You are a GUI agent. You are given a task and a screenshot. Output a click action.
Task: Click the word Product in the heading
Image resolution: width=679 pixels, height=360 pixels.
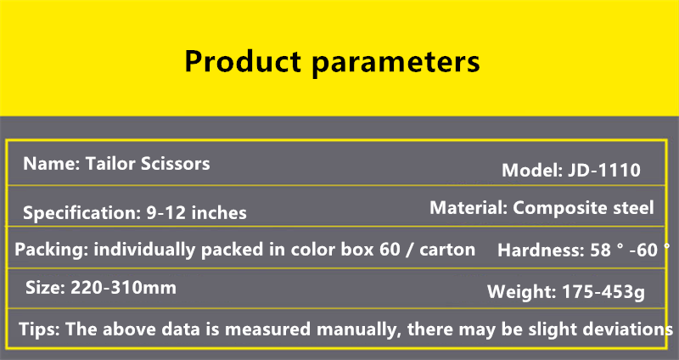click(x=243, y=61)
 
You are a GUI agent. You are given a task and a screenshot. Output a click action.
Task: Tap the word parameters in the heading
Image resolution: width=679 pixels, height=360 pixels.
click(x=396, y=63)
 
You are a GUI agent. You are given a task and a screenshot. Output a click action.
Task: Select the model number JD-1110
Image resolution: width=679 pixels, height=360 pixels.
click(x=604, y=171)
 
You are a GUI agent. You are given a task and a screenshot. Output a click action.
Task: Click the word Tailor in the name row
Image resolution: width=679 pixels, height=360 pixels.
click(x=110, y=163)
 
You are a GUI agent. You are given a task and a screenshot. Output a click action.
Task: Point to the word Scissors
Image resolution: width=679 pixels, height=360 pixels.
click(x=176, y=163)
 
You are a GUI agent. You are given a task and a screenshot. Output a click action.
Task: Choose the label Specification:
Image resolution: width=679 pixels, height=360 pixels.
click(x=81, y=213)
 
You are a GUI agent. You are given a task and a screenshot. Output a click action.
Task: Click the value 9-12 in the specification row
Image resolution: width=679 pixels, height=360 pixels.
click(x=166, y=213)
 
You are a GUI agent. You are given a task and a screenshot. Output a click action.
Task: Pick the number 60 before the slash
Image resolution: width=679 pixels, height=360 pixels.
click(x=390, y=250)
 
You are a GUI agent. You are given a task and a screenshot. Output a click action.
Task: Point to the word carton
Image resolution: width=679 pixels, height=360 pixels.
click(x=447, y=250)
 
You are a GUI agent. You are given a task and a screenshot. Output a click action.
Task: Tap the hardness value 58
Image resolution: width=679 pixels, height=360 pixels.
click(x=600, y=250)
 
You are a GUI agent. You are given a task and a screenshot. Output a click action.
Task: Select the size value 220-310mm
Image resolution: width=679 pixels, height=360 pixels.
click(x=123, y=288)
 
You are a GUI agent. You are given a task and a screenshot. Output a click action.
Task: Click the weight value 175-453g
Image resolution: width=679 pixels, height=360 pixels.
click(x=603, y=292)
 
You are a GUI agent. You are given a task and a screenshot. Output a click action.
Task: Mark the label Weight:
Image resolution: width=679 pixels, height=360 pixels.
click(x=521, y=292)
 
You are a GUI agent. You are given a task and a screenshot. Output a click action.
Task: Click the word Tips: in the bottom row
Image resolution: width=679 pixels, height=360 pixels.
click(x=39, y=329)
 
